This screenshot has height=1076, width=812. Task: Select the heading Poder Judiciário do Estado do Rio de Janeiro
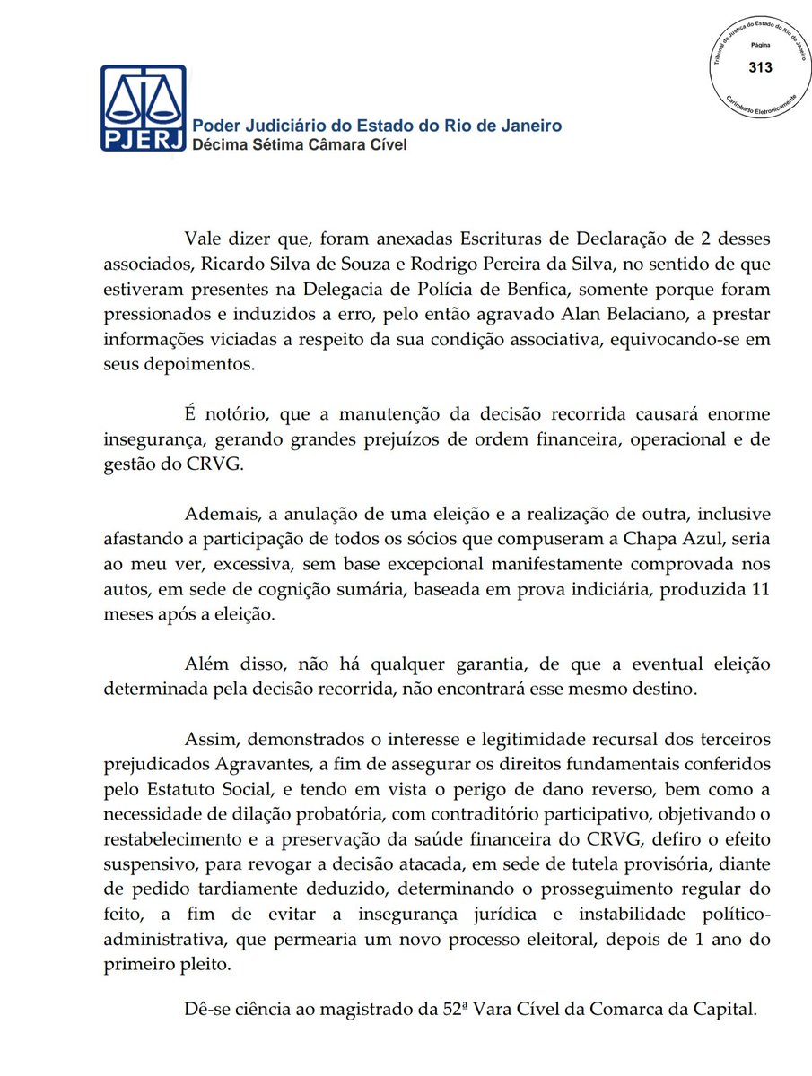click(378, 125)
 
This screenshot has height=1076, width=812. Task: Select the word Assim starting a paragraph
click(208, 740)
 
